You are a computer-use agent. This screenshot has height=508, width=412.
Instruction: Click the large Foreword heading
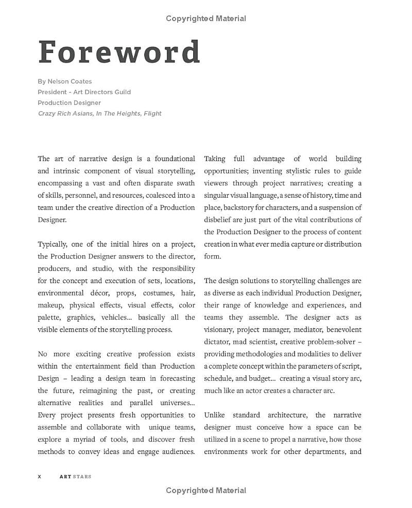click(119, 51)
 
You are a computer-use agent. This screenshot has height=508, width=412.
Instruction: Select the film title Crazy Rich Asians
click(65, 113)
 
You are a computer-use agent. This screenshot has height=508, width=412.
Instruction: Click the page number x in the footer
click(40, 477)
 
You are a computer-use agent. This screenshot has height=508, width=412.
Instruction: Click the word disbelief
click(219, 220)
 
